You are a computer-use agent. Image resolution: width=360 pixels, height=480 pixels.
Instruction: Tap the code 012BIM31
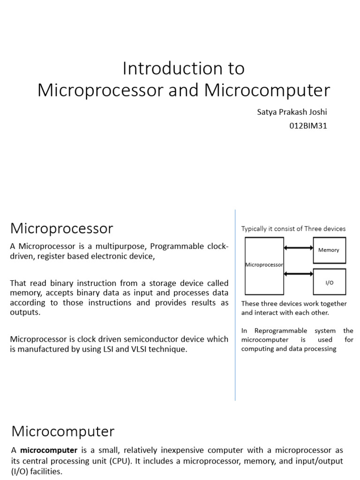[308, 126]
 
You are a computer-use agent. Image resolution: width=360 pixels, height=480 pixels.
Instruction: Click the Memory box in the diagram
[329, 250]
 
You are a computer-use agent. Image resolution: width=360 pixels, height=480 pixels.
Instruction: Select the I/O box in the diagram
[329, 283]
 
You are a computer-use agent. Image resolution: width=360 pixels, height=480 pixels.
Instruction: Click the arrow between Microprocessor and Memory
[298, 248]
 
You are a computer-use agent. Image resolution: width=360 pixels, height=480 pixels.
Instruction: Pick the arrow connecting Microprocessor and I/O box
[298, 274]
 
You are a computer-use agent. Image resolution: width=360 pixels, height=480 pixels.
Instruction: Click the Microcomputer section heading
[63, 431]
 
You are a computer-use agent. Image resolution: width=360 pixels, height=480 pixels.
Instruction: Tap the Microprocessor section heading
[61, 228]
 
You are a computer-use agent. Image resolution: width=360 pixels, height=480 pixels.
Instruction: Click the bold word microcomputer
[49, 450]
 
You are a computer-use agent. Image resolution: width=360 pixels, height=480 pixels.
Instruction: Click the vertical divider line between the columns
[235, 305]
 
